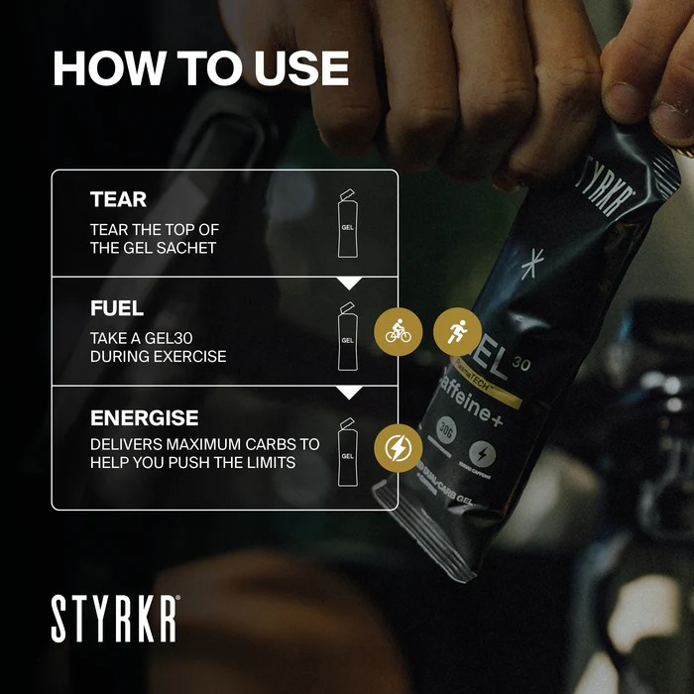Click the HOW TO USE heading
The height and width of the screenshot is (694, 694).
point(200,68)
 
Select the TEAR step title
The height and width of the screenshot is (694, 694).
point(118,199)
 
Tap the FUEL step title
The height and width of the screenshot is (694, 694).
point(117,308)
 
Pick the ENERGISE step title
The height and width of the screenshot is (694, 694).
point(144,417)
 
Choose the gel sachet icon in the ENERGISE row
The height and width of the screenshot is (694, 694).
point(347,451)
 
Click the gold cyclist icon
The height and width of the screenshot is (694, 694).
point(399,332)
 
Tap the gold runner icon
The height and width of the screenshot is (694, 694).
point(457,332)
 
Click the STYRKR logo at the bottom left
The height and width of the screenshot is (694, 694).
point(115,620)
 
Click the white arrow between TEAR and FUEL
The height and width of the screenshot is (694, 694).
point(349,284)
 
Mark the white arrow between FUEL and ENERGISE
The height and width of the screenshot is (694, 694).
point(349,393)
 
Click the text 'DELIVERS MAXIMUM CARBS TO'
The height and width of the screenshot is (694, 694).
point(204,444)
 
